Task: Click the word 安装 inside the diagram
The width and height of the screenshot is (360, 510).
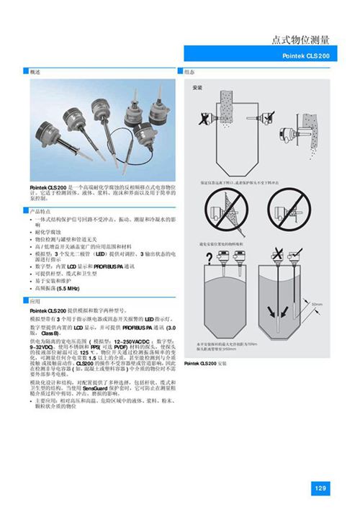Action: click(197, 86)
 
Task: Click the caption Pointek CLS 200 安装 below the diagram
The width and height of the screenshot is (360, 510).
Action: click(207, 364)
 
